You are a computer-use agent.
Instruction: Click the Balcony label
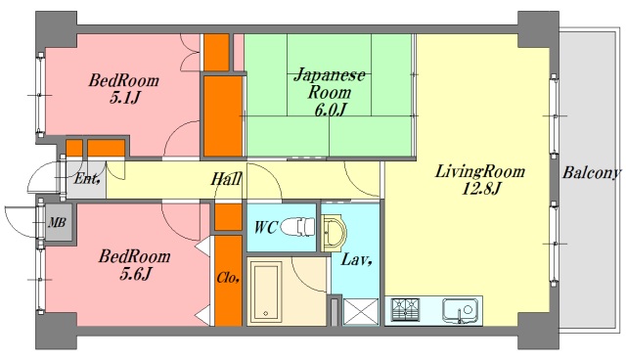pyautogui.click(x=591, y=173)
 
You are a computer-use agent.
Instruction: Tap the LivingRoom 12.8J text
pyautogui.click(x=480, y=179)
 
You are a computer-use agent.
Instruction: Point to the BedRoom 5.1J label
pyautogui.click(x=121, y=91)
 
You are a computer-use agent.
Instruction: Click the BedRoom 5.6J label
pyautogui.click(x=133, y=264)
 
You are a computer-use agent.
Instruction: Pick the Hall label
pyautogui.click(x=227, y=180)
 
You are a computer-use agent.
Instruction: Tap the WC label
pyautogui.click(x=265, y=227)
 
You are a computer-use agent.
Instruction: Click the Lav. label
pyautogui.click(x=354, y=260)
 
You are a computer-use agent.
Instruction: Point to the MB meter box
pyautogui.click(x=57, y=222)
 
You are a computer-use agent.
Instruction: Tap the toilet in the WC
pyautogui.click(x=300, y=228)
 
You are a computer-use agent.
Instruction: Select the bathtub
pyautogui.click(x=266, y=290)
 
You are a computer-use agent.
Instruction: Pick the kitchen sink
pyautogui.click(x=457, y=312)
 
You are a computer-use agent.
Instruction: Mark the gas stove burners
pyautogui.click(x=405, y=312)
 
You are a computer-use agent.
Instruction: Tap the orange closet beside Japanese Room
pyautogui.click(x=223, y=115)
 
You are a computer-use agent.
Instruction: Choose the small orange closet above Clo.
pyautogui.click(x=227, y=216)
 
